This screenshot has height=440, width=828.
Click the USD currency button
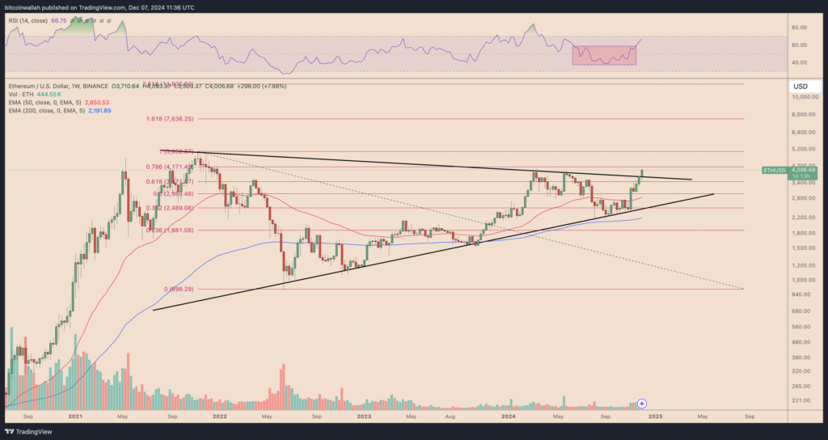pos(801,86)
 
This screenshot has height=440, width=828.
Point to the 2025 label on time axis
pos(654,417)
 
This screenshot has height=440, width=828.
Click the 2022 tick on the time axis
pos(218,417)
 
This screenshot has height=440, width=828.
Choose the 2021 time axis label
pos(74,417)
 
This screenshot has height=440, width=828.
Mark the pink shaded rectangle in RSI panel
pos(603,54)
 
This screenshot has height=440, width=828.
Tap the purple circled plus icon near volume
pos(642,402)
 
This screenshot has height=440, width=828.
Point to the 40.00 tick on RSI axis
pos(801,62)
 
